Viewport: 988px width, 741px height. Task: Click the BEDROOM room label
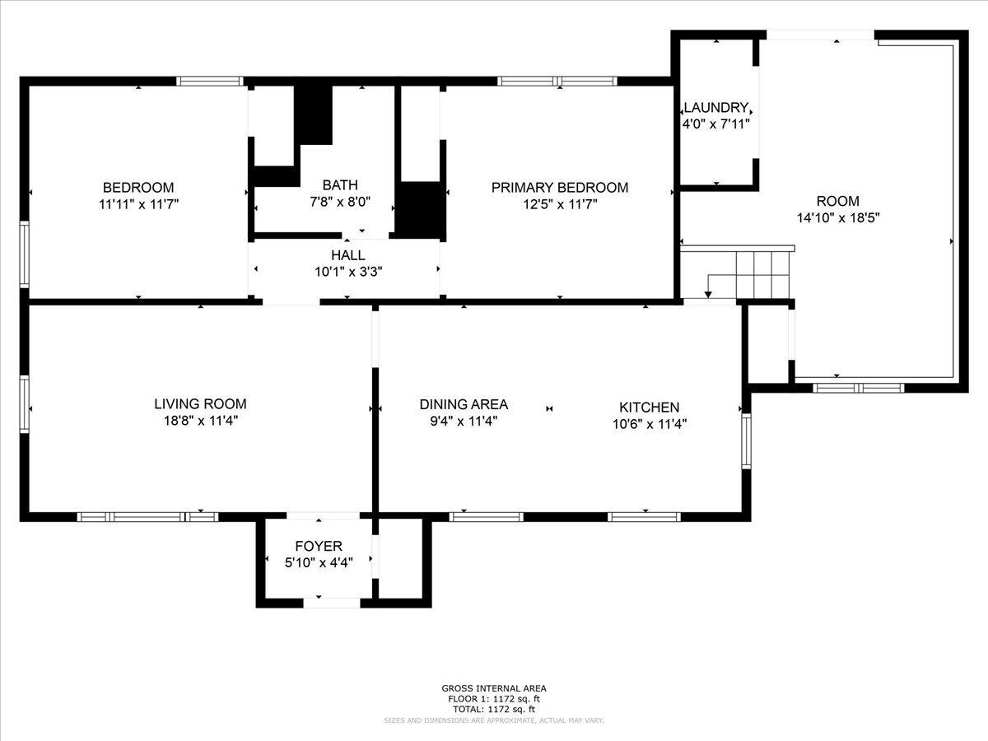coord(138,188)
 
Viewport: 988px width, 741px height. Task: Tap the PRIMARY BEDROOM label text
coord(559,188)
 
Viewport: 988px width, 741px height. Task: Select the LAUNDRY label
coord(716,108)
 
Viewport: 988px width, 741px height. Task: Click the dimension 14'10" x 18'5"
coord(837,218)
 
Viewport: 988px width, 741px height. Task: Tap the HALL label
coord(347,255)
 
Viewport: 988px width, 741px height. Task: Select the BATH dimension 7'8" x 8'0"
coord(340,201)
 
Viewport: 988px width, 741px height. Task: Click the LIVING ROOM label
coord(200,404)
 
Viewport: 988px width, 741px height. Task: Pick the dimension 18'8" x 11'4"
coord(200,421)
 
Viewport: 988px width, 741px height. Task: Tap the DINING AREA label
coord(464,404)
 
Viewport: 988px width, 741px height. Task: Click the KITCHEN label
coord(649,408)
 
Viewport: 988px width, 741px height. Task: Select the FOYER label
coord(319,547)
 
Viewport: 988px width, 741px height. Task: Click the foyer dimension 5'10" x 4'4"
coord(319,562)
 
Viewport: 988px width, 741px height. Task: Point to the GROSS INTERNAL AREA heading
coord(493,688)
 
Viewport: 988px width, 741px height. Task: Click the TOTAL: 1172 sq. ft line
coord(493,709)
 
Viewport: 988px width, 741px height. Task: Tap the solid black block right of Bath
coord(420,210)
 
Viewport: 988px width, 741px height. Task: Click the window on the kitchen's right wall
coord(746,440)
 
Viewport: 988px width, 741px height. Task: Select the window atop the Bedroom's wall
coord(210,82)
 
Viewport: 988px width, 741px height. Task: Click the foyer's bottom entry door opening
coord(331,603)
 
